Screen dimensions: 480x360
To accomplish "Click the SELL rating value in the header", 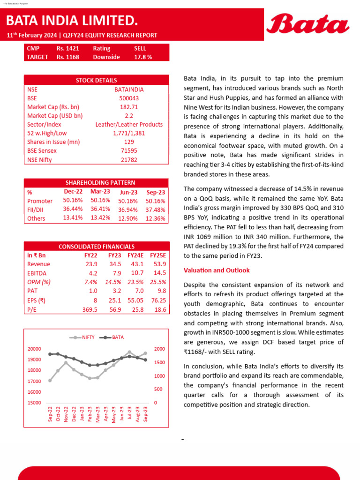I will tap(140, 48).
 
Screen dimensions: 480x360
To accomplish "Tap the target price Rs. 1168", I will tap(67, 57).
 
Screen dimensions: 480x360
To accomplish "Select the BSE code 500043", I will tap(129, 98).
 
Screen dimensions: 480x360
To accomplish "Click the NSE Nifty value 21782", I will tap(129, 160).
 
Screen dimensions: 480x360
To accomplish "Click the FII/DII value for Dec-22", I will tap(73, 209).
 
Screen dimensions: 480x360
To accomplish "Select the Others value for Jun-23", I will tap(127, 218).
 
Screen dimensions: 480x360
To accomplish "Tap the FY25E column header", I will tap(158, 255).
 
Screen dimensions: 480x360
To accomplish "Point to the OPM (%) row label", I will tap(39, 282).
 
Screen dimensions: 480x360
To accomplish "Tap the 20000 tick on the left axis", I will tap(34, 349).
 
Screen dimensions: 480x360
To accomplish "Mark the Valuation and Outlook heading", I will tap(217, 270).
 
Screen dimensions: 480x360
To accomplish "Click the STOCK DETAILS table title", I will tap(96, 80).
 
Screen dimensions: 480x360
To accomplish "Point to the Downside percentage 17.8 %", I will tap(142, 57).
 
